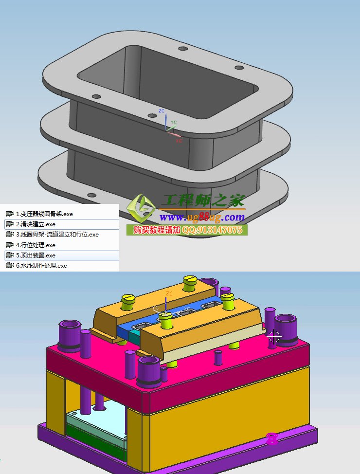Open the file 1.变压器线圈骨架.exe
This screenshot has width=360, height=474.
pos(44,214)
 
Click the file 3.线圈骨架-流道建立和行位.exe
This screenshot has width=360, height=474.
pos(57,235)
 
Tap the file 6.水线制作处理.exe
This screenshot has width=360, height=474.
pos(41,266)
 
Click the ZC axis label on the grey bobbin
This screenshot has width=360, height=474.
pos(162,111)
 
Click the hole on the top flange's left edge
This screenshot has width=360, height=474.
pos(96,96)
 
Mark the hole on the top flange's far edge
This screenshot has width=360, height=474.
pos(183,49)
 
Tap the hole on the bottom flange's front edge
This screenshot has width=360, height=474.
pos(91,195)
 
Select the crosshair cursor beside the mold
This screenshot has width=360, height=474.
pos(275,336)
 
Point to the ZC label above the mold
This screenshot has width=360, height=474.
pos(169,293)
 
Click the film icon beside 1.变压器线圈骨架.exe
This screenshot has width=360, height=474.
pos(10,214)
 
